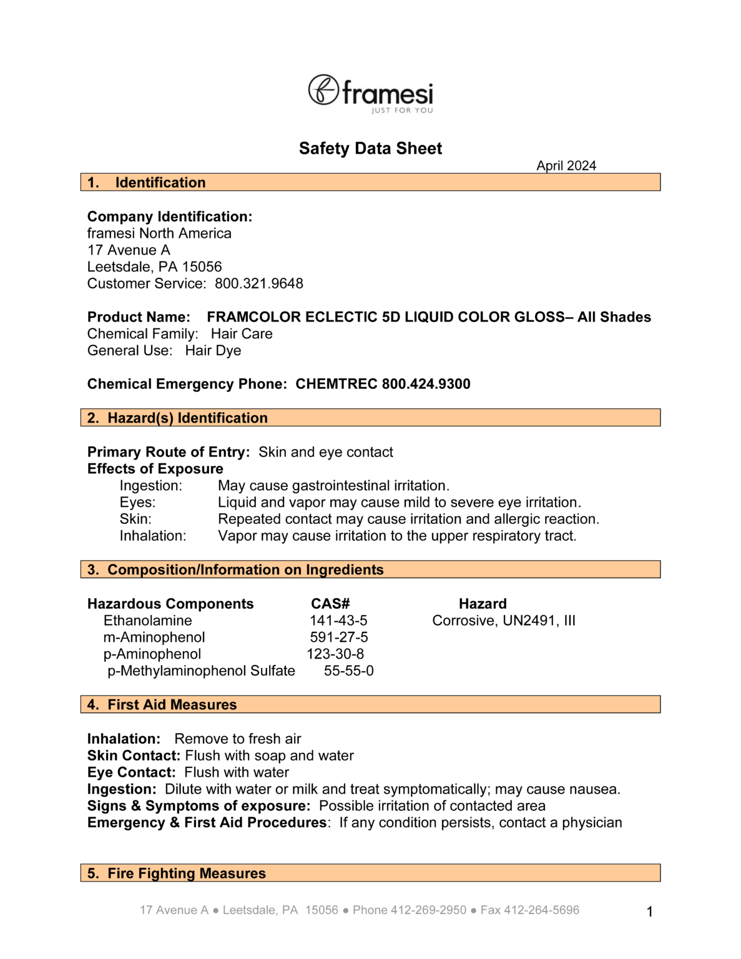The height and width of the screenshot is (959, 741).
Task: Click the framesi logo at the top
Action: click(x=370, y=94)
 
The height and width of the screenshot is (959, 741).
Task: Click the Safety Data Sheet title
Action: click(x=370, y=149)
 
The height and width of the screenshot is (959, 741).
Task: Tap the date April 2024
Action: click(x=566, y=166)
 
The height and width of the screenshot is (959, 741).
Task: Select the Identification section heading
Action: click(x=160, y=182)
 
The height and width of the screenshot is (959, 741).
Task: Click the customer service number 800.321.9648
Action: click(x=259, y=283)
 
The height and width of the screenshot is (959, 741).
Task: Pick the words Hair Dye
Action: click(x=213, y=350)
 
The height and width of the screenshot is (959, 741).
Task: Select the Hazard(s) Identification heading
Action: click(x=187, y=418)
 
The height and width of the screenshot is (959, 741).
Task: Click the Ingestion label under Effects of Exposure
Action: click(x=151, y=486)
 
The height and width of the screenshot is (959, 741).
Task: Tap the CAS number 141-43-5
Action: click(x=338, y=621)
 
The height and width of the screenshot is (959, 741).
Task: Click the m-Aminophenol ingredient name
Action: click(x=154, y=637)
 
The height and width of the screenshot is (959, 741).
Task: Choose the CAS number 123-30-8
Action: click(x=335, y=654)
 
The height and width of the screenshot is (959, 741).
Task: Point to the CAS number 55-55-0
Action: click(x=349, y=671)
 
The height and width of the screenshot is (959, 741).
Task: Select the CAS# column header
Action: click(x=330, y=604)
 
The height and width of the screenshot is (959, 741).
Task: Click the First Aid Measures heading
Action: click(x=172, y=704)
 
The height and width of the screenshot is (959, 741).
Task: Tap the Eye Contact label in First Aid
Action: click(x=131, y=772)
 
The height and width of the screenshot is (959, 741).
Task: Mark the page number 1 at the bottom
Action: click(x=650, y=912)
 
